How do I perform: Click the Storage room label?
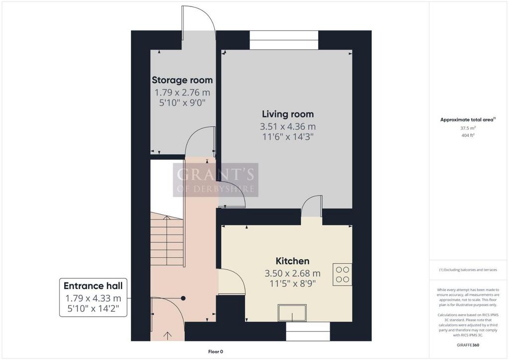tap(182, 80)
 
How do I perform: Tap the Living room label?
tap(288, 114)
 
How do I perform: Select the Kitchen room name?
tap(292, 261)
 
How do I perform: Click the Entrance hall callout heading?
tap(93, 286)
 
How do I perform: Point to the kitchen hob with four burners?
tap(342, 274)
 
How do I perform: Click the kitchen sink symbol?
tap(292, 313)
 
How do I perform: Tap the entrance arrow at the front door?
tap(168, 336)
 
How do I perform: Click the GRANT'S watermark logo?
tap(216, 180)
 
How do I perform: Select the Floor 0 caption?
tap(216, 352)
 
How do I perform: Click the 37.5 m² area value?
tap(468, 128)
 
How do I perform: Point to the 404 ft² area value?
tap(468, 135)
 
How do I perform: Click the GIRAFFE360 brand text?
tap(468, 345)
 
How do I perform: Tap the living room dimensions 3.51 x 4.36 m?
tap(288, 127)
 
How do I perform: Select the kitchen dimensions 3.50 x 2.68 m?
tap(292, 273)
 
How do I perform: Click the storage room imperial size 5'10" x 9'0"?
tap(182, 103)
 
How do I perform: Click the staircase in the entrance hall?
tap(167, 239)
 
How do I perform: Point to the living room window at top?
tap(284, 40)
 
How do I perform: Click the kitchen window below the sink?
tap(308, 332)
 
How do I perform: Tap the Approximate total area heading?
tap(468, 119)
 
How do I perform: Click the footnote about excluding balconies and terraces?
tap(468, 270)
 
